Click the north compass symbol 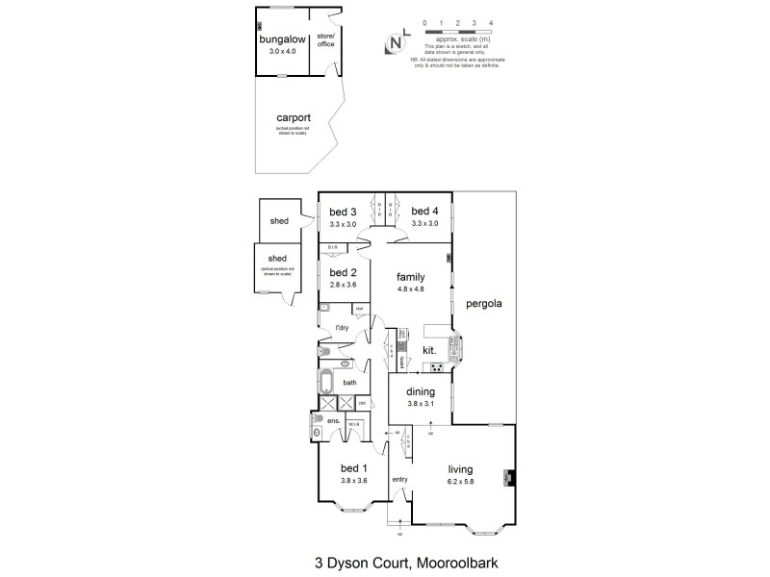coord(394,42)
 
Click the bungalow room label coord(277,40)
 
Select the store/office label coord(325,39)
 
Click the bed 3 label coord(343,212)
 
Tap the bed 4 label coord(424,212)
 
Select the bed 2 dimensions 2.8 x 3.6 coord(343,286)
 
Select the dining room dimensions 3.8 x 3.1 coord(420,404)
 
